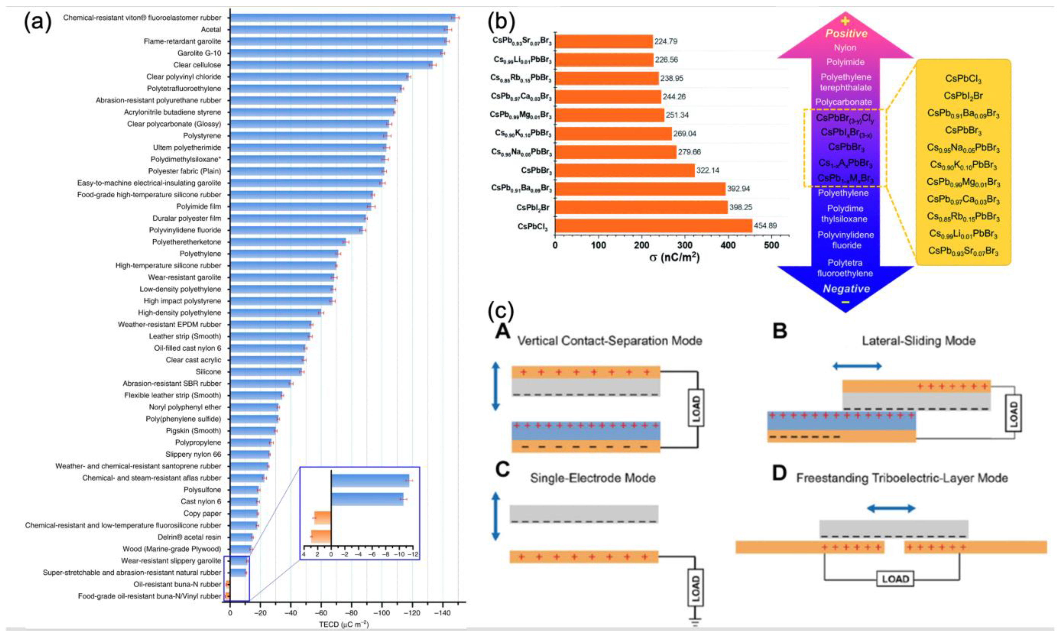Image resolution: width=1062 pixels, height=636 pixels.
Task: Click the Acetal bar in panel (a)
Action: point(339,30)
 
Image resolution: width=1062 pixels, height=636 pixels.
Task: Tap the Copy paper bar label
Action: point(202,513)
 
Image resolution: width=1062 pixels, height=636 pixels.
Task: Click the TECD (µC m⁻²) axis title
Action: point(343,625)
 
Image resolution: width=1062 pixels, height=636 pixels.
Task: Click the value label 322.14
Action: point(708,170)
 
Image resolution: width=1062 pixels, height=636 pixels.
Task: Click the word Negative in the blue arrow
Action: point(846,289)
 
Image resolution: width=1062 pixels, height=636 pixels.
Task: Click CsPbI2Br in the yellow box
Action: point(963,96)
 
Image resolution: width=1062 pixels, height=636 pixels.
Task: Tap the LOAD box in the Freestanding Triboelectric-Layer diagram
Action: point(895,579)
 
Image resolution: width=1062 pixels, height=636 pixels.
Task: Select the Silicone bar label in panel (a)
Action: point(209,372)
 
